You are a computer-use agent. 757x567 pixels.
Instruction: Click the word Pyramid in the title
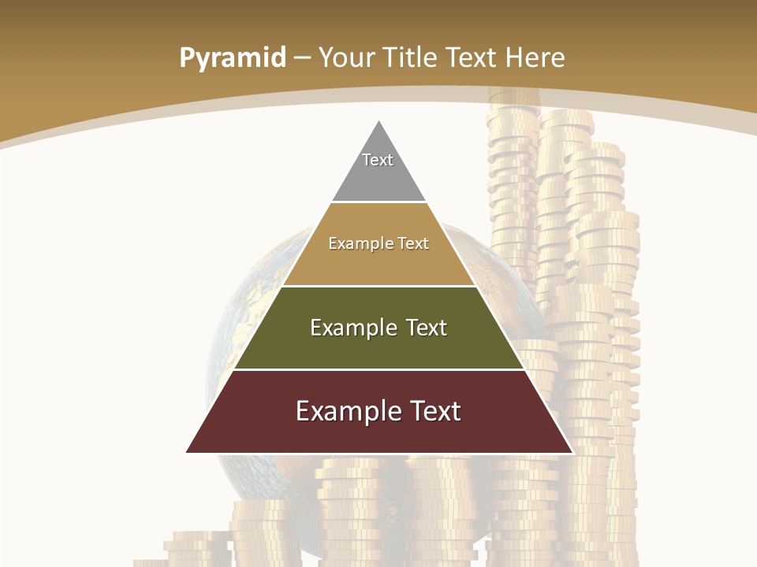233,58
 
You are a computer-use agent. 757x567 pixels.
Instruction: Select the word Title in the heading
411,57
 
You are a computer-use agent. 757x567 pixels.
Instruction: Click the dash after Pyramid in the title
302,58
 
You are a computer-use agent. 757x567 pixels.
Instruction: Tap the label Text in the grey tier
378,160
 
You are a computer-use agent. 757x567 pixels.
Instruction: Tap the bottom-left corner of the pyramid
188,452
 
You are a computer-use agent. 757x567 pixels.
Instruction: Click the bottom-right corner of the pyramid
572,452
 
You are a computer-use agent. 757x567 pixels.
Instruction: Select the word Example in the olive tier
354,328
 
